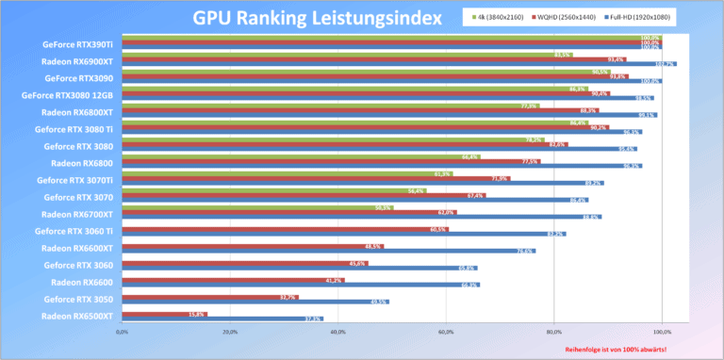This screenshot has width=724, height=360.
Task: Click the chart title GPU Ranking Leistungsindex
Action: [x=317, y=18]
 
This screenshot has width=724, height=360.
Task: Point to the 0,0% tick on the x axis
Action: [x=122, y=332]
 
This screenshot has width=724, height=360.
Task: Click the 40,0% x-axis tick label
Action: [x=337, y=332]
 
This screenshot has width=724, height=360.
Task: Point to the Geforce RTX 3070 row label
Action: [x=79, y=197]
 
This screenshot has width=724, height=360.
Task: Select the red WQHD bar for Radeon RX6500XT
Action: [x=164, y=314]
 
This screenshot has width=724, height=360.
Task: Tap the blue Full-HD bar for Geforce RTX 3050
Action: [x=255, y=302]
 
